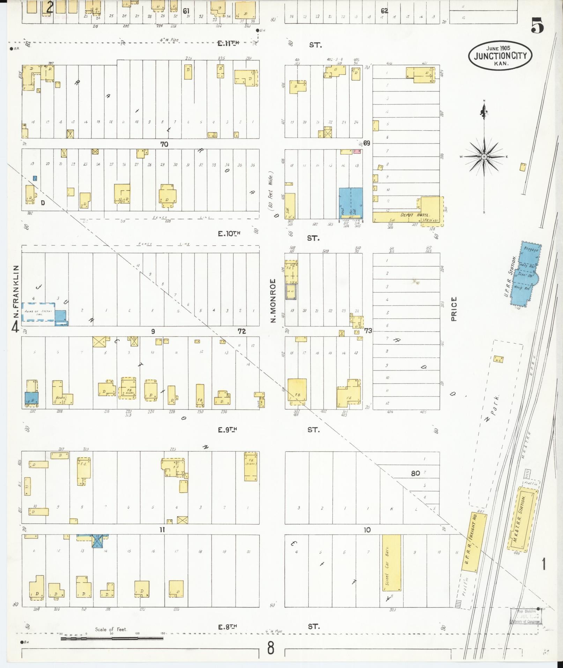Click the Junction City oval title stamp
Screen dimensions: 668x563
[x=499, y=56]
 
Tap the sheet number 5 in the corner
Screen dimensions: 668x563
[x=538, y=27]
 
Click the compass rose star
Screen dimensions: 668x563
[x=484, y=157]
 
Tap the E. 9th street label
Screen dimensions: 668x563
[x=227, y=430]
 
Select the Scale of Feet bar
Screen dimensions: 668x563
[x=112, y=638]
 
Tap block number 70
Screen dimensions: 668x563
[x=164, y=144]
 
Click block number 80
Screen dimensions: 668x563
[x=415, y=473]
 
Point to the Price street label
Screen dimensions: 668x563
[x=454, y=309]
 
